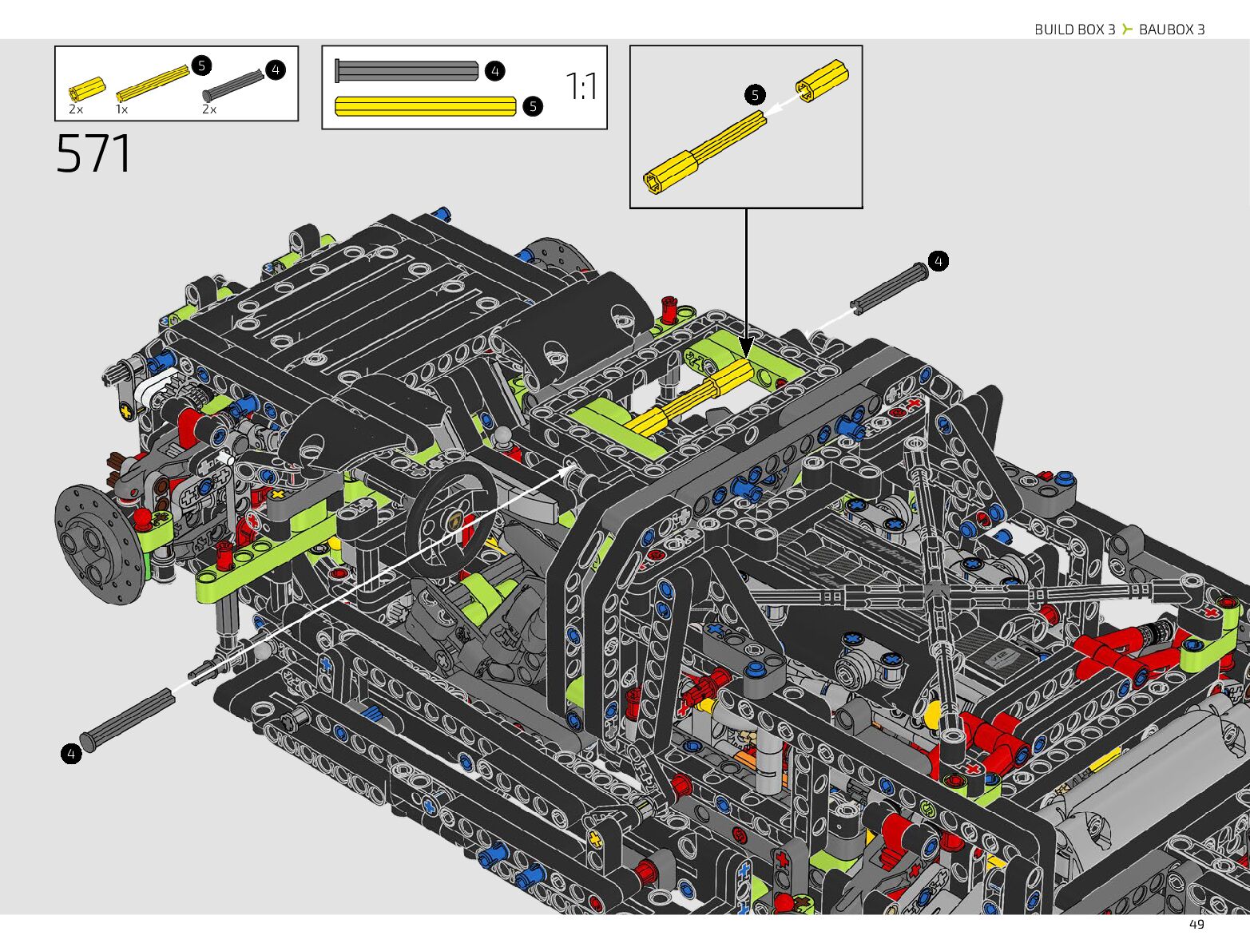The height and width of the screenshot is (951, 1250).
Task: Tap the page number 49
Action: pyautogui.click(x=1196, y=924)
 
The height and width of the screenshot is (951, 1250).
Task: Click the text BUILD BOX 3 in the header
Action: pyautogui.click(x=1074, y=30)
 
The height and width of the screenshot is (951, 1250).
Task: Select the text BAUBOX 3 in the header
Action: pyautogui.click(x=1172, y=30)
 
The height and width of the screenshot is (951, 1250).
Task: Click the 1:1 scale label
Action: pyautogui.click(x=581, y=86)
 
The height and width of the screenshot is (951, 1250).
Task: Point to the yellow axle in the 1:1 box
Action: pyautogui.click(x=426, y=106)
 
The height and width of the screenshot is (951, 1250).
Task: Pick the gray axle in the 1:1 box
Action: pyautogui.click(x=407, y=71)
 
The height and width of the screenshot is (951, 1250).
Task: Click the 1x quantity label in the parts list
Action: pyautogui.click(x=121, y=109)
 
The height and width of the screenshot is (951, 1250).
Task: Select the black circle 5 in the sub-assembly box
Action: pyautogui.click(x=755, y=95)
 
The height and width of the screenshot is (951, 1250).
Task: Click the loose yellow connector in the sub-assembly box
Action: pyautogui.click(x=821, y=81)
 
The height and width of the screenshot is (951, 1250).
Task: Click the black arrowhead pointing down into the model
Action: pyautogui.click(x=746, y=348)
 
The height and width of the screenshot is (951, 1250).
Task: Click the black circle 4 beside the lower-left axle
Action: pyautogui.click(x=71, y=753)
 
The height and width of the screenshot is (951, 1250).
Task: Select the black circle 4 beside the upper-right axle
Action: pyautogui.click(x=938, y=261)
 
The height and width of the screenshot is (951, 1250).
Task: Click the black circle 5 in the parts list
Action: pyautogui.click(x=201, y=65)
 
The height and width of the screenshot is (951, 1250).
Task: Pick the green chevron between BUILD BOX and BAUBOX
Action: pyautogui.click(x=1126, y=30)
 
